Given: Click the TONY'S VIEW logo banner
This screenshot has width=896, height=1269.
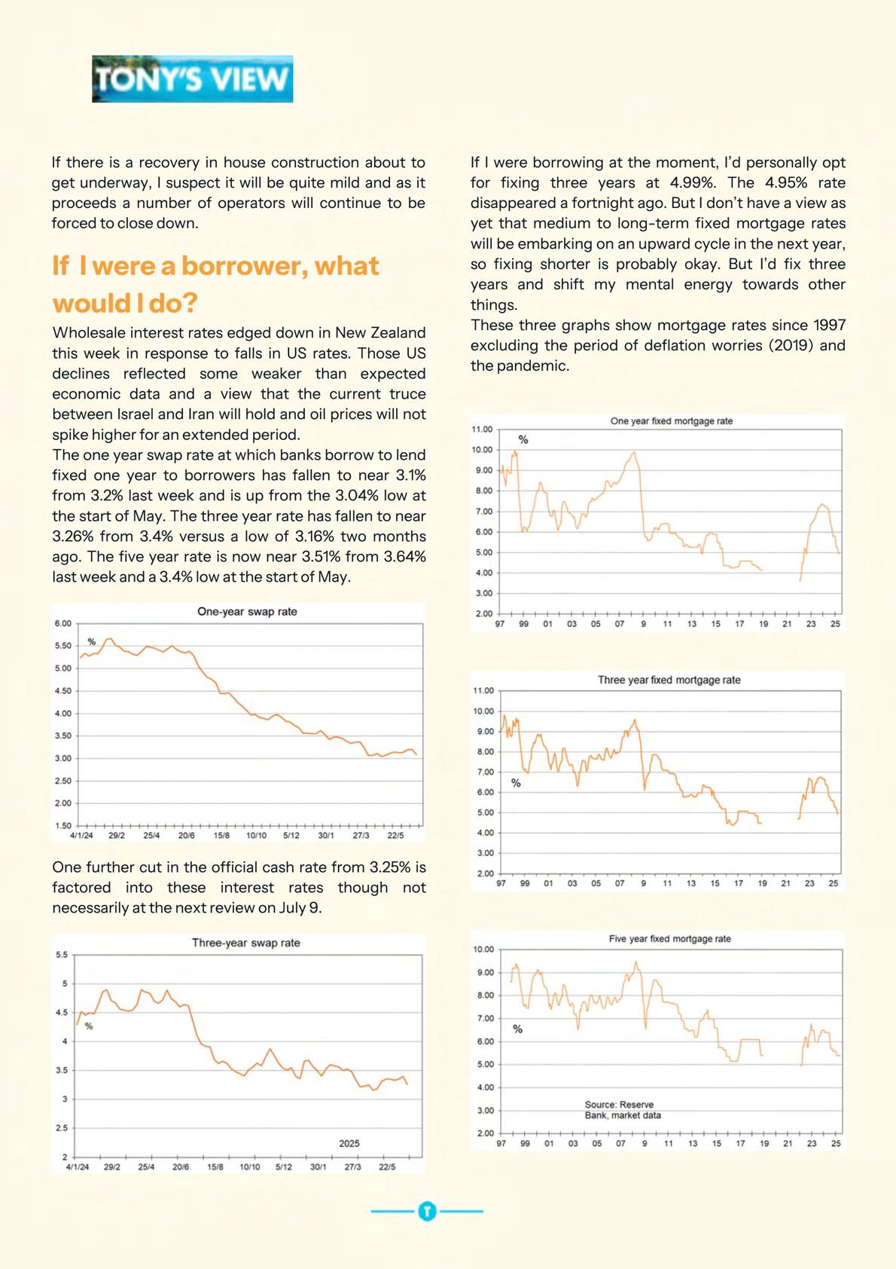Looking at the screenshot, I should [192, 79].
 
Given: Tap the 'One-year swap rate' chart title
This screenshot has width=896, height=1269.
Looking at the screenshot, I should [247, 612].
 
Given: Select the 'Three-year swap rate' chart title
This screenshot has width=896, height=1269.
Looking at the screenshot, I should [245, 943].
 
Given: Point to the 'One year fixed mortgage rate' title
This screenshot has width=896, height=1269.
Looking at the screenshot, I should [671, 421].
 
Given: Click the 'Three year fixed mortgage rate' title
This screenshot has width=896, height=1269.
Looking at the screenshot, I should [669, 680].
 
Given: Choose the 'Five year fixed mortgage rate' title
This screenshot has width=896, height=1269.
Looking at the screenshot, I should [669, 939].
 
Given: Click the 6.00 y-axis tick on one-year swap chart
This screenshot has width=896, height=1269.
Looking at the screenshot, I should [62, 623].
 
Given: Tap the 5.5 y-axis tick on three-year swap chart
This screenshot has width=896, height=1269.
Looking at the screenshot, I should [62, 955].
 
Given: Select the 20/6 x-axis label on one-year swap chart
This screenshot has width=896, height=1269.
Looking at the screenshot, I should [186, 836].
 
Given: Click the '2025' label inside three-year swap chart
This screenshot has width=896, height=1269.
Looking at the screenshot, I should [349, 1143].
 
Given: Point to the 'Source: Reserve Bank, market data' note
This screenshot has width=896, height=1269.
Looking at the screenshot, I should [622, 1110].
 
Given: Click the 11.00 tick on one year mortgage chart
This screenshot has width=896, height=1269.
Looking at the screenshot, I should [482, 430].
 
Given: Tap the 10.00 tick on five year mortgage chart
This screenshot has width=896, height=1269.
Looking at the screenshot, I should [484, 949].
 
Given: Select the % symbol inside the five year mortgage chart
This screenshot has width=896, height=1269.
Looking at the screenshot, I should [517, 1029].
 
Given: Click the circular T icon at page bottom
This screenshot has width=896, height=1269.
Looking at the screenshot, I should [427, 1212].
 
